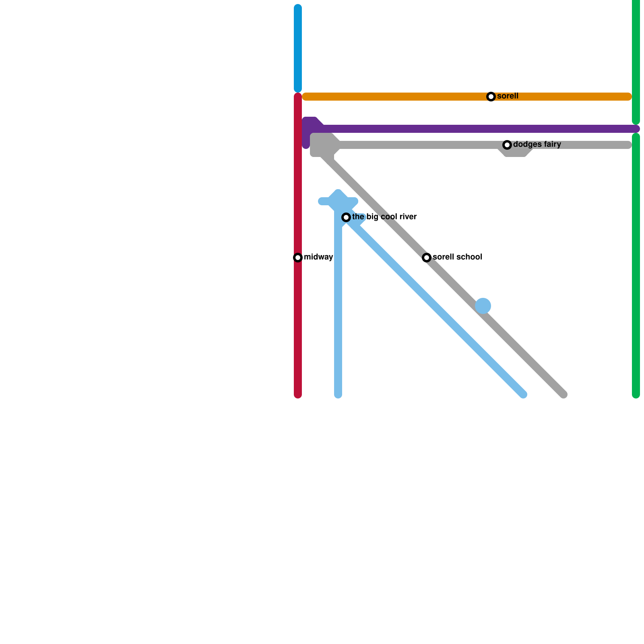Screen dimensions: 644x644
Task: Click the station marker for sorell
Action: pyautogui.click(x=491, y=97)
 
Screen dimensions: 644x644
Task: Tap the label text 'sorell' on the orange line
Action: pyautogui.click(x=508, y=96)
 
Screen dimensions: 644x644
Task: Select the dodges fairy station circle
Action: pyautogui.click(x=507, y=145)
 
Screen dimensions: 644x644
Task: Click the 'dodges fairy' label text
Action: pyautogui.click(x=537, y=144)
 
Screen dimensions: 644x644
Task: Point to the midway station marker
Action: pyautogui.click(x=298, y=258)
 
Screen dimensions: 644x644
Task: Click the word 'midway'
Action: pyautogui.click(x=318, y=257)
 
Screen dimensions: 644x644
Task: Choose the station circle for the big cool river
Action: pyautogui.click(x=346, y=217)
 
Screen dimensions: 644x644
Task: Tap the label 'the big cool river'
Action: pyautogui.click(x=384, y=217)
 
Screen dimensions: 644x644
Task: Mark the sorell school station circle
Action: pyautogui.click(x=427, y=258)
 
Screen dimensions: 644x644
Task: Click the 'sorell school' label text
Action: pyautogui.click(x=457, y=257)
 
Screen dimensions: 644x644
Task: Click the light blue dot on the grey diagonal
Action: pyautogui.click(x=483, y=306)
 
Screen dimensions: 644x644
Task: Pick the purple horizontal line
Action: pyautogui.click(x=443, y=129)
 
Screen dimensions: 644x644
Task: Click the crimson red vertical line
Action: pyautogui.click(x=298, y=322)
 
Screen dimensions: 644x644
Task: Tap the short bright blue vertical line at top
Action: pyautogui.click(x=298, y=48)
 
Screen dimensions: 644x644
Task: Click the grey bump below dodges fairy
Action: pyautogui.click(x=516, y=153)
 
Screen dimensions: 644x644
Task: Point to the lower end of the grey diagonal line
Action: pyautogui.click(x=563, y=394)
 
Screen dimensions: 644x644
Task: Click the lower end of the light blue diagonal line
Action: pyautogui.click(x=523, y=394)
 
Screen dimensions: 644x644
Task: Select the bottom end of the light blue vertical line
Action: pyautogui.click(x=338, y=395)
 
